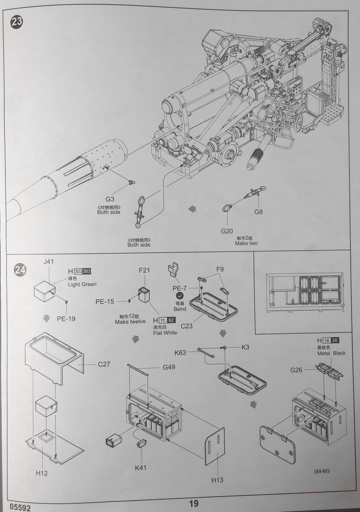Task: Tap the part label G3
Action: pyautogui.click(x=110, y=199)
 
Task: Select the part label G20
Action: pyautogui.click(x=227, y=231)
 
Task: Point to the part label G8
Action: pyautogui.click(x=259, y=212)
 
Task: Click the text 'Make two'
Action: pyautogui.click(x=246, y=243)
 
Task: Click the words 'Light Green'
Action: pyautogui.click(x=82, y=284)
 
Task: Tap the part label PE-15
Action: pyautogui.click(x=105, y=302)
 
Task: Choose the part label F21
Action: pyautogui.click(x=145, y=270)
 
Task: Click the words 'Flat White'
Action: pyautogui.click(x=164, y=332)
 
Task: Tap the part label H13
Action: pyautogui.click(x=217, y=480)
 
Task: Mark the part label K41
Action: pyautogui.click(x=141, y=468)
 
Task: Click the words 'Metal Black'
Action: pyautogui.click(x=331, y=353)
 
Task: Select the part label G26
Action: pyautogui.click(x=296, y=370)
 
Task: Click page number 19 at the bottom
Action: pyautogui.click(x=193, y=504)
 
